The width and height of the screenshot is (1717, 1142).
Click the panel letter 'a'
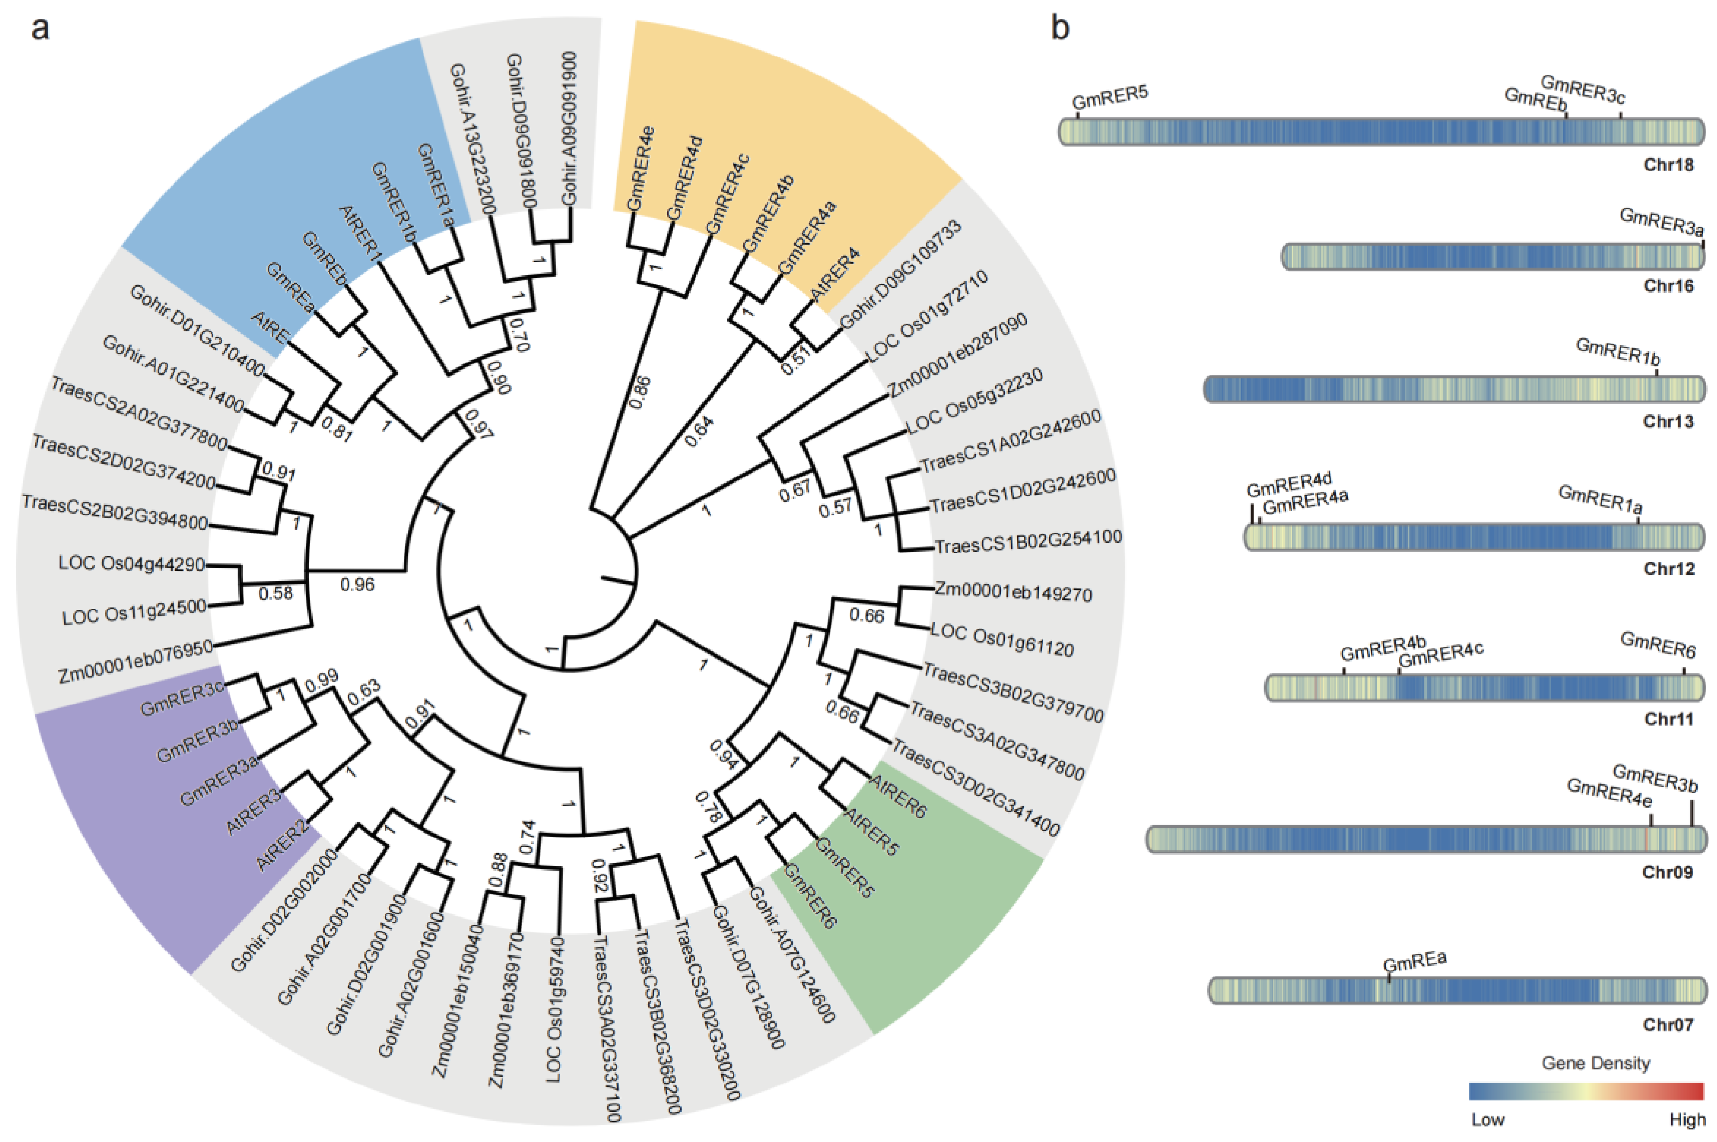(x=40, y=29)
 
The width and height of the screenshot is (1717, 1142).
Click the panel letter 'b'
(x=1060, y=29)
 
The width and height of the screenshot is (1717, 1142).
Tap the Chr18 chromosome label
(x=1668, y=165)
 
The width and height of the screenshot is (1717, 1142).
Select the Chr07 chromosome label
(x=1668, y=1025)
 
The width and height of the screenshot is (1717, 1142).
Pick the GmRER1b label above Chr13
(x=1617, y=353)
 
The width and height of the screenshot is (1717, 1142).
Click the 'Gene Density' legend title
(x=1595, y=1064)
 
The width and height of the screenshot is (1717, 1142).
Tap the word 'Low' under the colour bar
(x=1487, y=1120)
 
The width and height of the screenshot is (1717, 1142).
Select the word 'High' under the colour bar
(x=1687, y=1120)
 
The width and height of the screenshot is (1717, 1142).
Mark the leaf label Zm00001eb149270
(x=1013, y=593)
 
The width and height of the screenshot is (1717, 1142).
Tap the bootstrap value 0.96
(x=357, y=584)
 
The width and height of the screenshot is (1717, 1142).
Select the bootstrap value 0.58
(x=275, y=593)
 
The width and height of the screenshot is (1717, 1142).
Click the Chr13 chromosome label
(x=1668, y=421)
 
